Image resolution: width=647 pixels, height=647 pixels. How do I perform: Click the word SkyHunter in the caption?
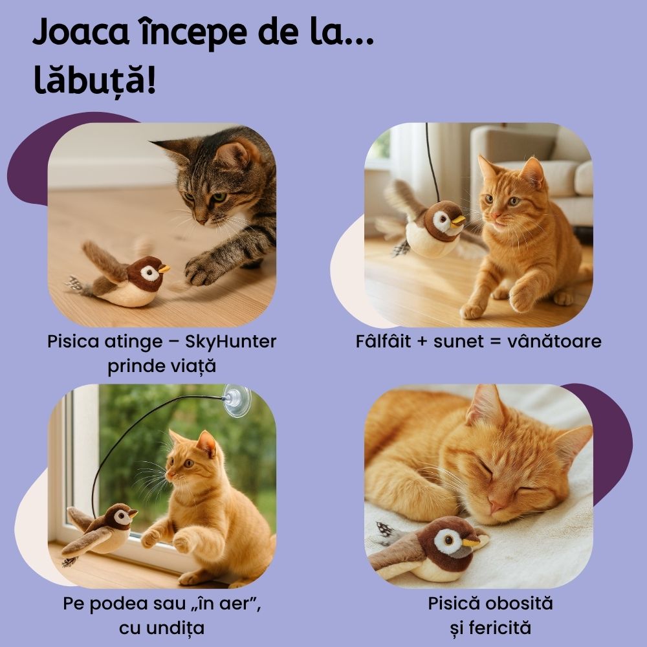[x=231, y=342]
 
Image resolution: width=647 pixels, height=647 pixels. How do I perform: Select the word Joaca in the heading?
[x=81, y=33]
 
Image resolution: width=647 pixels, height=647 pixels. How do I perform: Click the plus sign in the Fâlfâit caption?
[x=422, y=342]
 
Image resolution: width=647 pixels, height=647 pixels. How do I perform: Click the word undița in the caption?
[x=162, y=628]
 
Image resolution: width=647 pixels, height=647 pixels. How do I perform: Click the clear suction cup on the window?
[x=236, y=400]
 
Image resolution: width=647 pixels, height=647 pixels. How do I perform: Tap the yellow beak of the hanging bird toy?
[x=457, y=221]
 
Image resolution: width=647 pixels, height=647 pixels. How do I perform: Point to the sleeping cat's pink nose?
[x=495, y=507]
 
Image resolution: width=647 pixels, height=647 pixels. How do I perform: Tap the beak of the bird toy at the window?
[x=133, y=513]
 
